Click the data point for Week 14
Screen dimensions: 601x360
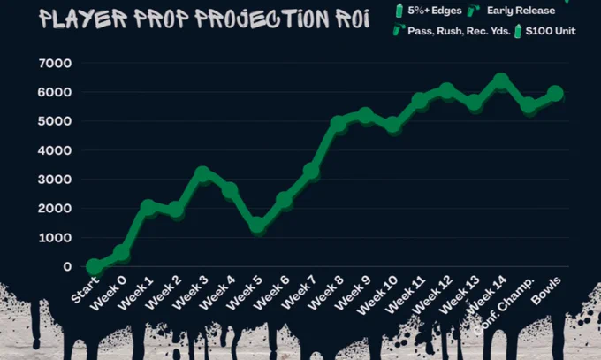pos(500,81)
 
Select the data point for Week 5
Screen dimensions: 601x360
pos(257,226)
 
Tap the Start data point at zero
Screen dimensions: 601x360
pos(95,266)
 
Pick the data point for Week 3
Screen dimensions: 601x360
pos(202,174)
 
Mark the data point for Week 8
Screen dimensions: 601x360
pos(339,124)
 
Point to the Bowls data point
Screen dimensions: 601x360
pos(555,93)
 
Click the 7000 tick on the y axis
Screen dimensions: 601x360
pos(55,64)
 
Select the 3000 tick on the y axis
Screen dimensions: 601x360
pos(55,180)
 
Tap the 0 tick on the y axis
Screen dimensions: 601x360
pos(67,267)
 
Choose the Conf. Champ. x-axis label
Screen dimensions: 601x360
pos(503,305)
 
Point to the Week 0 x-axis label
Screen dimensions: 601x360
pos(108,293)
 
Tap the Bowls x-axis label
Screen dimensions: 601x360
pos(546,290)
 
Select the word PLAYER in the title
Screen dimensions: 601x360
pos(83,19)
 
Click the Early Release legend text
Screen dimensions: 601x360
pos(521,11)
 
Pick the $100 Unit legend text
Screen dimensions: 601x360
pos(551,31)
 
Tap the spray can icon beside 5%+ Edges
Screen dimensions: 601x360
pos(399,11)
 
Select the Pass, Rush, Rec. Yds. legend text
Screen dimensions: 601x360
pos(459,31)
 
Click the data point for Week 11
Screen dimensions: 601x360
pos(419,101)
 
